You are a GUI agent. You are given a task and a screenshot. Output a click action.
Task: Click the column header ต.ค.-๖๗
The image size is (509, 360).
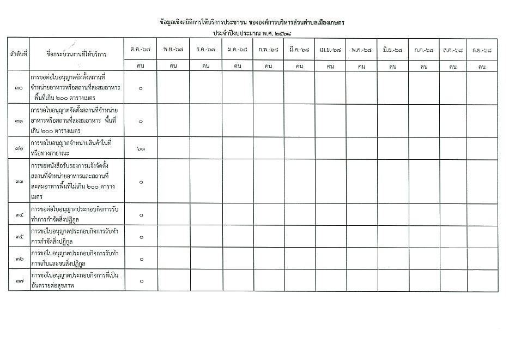point(141,50)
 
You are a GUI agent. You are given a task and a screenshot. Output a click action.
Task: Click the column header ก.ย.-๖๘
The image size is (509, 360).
point(482,50)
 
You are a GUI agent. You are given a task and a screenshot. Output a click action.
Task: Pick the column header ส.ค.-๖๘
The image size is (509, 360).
point(452,50)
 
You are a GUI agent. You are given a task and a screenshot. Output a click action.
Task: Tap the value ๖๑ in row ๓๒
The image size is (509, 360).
point(141,148)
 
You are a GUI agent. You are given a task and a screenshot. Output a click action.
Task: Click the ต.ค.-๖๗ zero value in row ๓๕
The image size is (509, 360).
point(141,237)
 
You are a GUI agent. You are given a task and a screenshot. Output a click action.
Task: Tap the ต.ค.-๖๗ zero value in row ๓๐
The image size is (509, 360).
point(141,88)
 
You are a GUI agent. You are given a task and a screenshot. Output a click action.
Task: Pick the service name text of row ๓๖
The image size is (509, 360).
point(76,258)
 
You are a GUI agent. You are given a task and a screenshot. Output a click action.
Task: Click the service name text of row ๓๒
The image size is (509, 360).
point(71,148)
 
